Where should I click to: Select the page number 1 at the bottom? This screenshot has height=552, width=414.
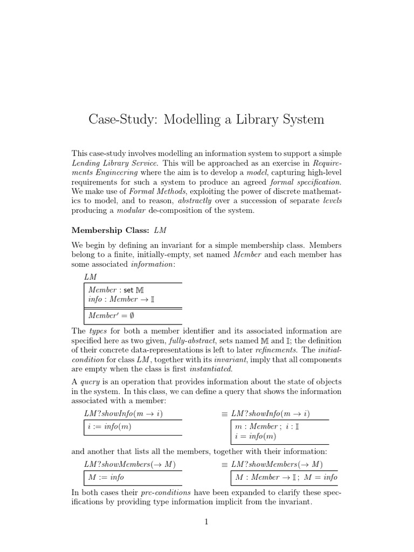pos(206,521)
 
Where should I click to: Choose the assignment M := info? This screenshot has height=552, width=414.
pos(106,477)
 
